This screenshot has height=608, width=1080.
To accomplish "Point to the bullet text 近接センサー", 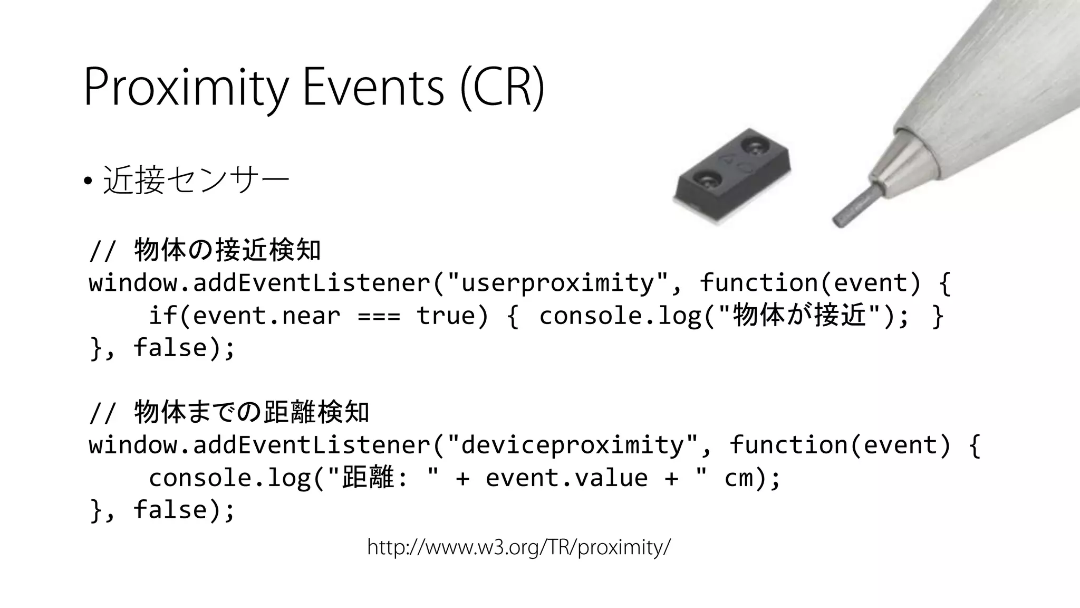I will point(196,180).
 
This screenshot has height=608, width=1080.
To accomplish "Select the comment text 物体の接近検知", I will point(227,250).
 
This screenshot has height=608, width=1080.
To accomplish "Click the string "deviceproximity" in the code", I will point(573,445).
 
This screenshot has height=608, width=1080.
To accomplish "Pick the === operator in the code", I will point(379,316).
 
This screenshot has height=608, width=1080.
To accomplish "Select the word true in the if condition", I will point(446,316).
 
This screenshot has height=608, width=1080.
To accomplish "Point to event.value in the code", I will point(566,478).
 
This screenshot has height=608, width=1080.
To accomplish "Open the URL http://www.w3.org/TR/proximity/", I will point(519,548).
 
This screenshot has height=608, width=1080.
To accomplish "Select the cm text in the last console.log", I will point(739,478).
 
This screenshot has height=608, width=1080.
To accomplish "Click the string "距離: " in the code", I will point(384,478).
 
